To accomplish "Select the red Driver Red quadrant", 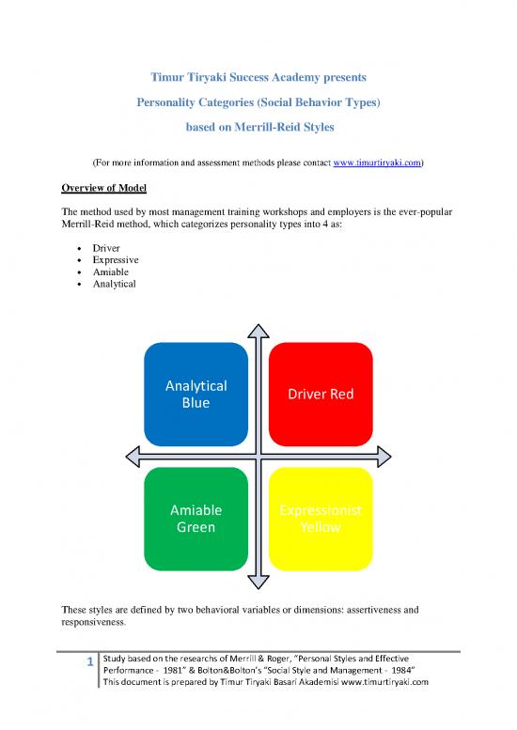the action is click(x=321, y=394).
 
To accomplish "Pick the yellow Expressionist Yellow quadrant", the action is click(x=321, y=519).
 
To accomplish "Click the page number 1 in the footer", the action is click(x=89, y=663).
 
